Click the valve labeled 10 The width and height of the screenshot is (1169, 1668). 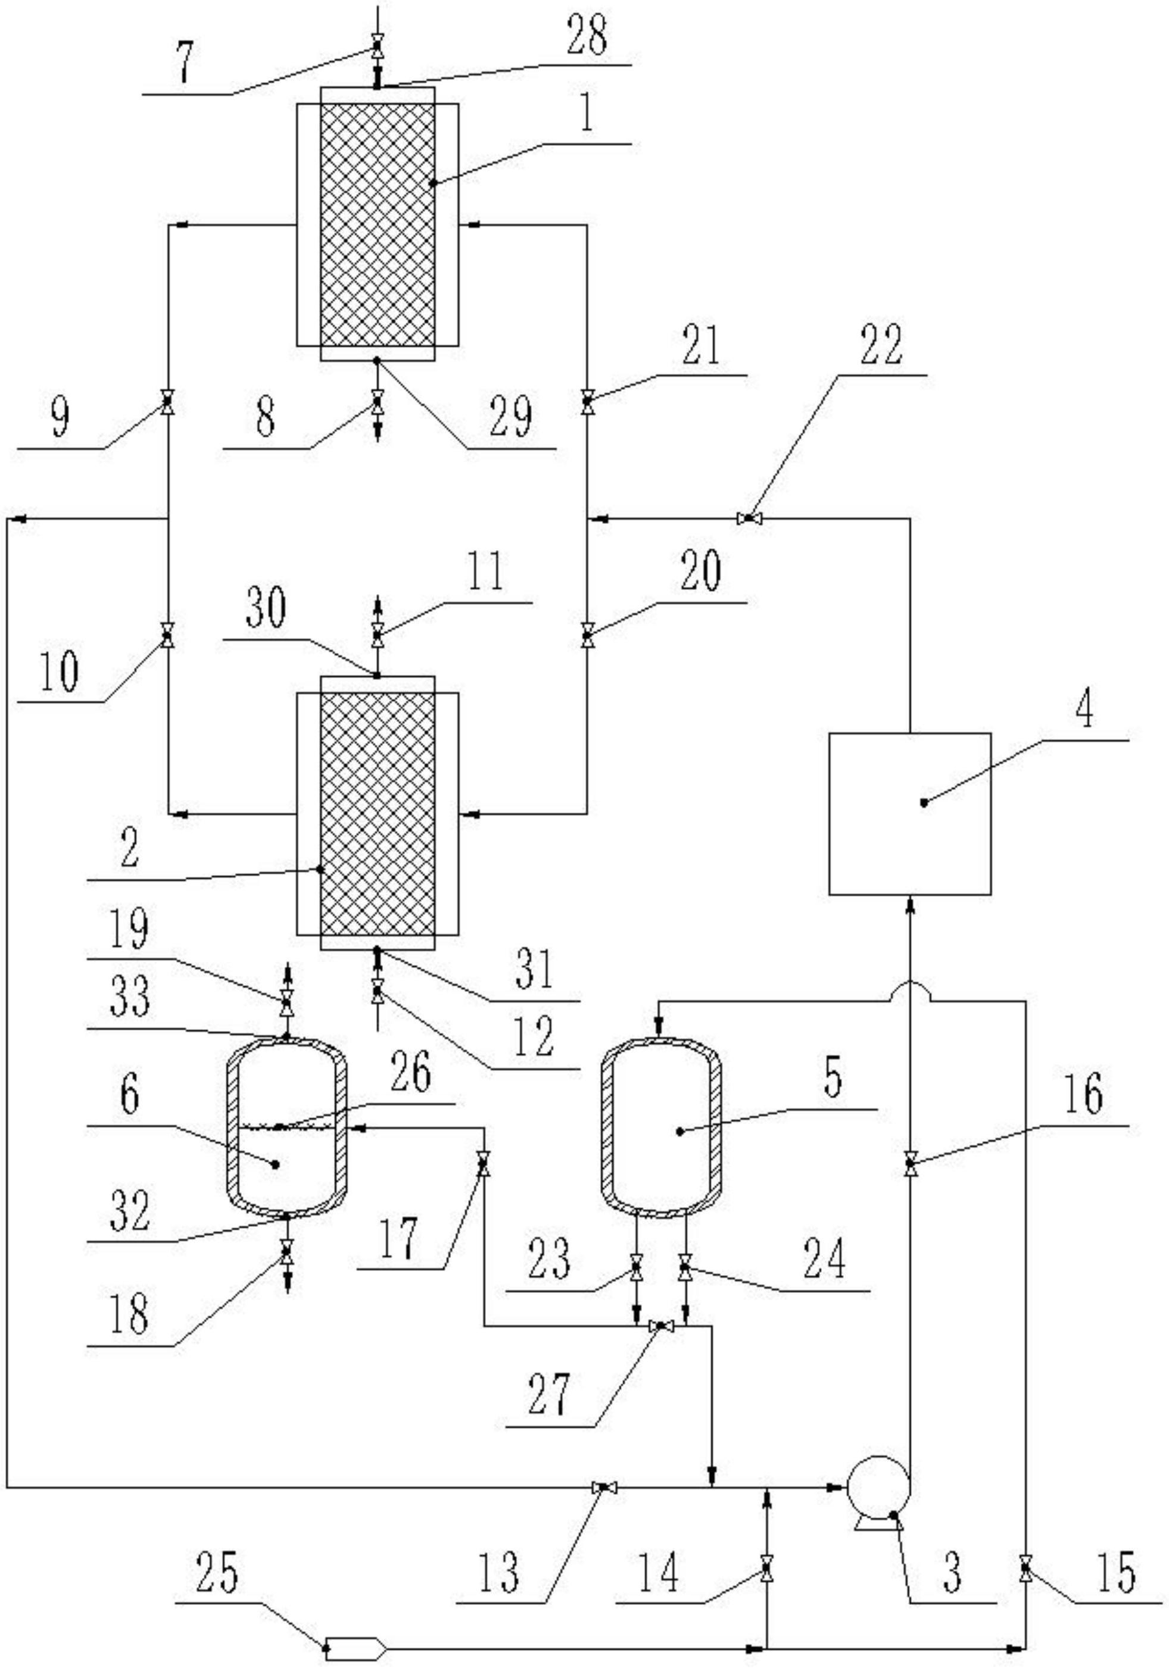pyautogui.click(x=168, y=636)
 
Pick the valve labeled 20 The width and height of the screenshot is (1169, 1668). pyautogui.click(x=587, y=636)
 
